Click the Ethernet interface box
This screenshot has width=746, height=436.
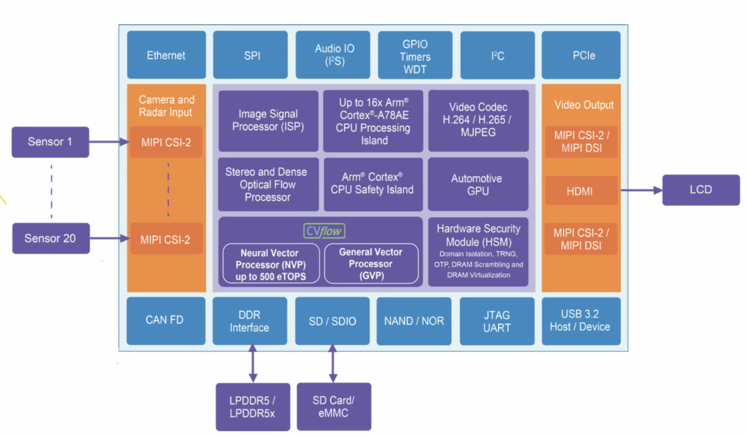coord(166,55)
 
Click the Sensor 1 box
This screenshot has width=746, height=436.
coord(50,142)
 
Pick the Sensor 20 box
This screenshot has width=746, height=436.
coord(50,239)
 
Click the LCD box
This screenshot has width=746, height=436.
coord(700,190)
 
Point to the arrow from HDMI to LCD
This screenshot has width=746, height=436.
coord(641,190)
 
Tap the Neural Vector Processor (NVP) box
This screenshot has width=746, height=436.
coord(269,264)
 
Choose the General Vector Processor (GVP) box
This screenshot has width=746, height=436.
coord(371,264)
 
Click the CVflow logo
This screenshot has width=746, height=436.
coord(324,230)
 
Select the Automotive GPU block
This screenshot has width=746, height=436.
coord(477,184)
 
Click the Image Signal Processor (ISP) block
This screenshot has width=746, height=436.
coord(268,121)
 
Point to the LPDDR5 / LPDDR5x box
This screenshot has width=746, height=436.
coord(253,407)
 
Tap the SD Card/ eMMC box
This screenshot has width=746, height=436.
coord(334,406)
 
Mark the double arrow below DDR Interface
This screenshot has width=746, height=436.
coord(252,364)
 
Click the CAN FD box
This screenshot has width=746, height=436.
coord(166,320)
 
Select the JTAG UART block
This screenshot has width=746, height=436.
coord(497,321)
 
